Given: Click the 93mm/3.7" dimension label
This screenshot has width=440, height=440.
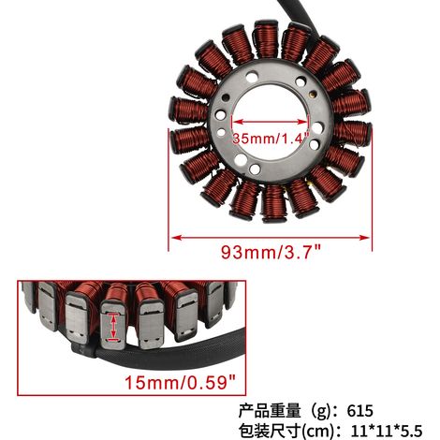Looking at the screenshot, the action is point(271,252).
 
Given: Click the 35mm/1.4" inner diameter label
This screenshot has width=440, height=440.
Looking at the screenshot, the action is point(271,138).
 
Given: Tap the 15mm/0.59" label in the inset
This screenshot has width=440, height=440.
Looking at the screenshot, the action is point(181,382).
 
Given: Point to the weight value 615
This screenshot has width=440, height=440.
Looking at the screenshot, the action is point(359,411).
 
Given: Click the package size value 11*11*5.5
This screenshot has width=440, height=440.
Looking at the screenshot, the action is point(387,432).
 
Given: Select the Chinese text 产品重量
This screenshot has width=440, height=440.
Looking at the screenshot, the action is point(270,411).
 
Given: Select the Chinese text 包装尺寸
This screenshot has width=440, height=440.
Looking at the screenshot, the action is point(270,432).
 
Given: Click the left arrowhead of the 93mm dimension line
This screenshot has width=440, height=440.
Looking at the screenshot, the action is point(176,238).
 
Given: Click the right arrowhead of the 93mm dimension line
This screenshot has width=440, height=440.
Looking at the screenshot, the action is point(364,238).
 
